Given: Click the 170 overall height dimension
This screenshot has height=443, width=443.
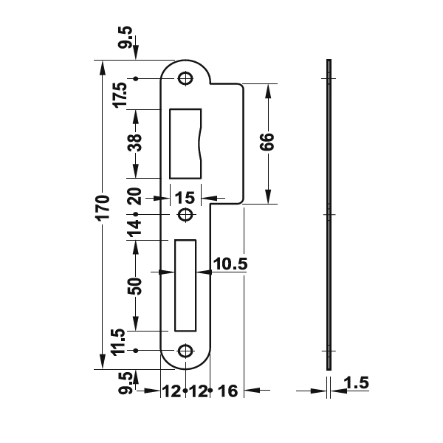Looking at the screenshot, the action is (103, 207).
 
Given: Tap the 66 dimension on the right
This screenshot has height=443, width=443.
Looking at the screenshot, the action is (267, 142).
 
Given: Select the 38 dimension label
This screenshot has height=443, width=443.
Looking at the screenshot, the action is (135, 142).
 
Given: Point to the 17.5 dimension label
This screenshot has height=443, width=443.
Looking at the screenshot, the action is (120, 95).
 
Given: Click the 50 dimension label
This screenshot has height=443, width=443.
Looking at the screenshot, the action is (135, 286).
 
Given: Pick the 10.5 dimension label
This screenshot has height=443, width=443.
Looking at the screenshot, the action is (230, 264).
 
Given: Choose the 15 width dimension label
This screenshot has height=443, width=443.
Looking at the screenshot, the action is (185, 198).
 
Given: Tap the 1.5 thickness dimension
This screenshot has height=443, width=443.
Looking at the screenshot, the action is (357, 382).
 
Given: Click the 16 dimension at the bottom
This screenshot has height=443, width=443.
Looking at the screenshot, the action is (228, 391).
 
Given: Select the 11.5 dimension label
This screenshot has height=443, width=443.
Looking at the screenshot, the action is (118, 342).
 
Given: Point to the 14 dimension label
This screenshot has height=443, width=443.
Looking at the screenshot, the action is (134, 227).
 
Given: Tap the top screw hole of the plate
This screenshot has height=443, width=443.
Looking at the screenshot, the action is (185, 78).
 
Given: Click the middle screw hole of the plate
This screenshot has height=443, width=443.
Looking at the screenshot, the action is (185, 215).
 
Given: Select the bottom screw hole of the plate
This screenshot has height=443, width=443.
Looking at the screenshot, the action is (185, 351).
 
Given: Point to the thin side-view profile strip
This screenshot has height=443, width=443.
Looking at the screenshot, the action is (329, 215).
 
